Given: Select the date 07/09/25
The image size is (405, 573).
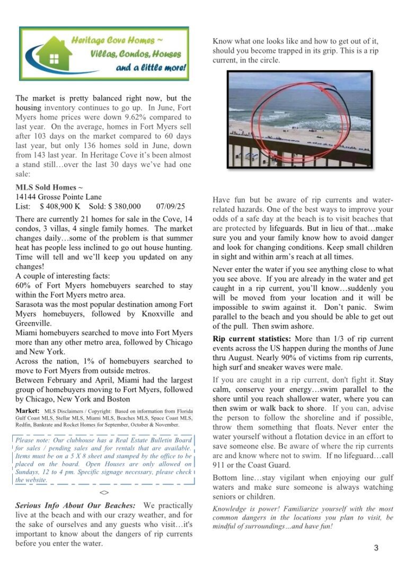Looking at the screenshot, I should point(171,206).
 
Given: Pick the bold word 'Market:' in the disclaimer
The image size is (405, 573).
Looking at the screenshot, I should point(28,411).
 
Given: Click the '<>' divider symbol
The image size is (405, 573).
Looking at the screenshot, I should point(104,492).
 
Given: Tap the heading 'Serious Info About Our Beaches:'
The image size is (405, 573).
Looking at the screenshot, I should point(75,505).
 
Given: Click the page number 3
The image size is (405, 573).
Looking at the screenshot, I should point(376,548).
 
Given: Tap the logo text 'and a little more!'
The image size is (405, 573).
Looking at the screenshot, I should point(151,68).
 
